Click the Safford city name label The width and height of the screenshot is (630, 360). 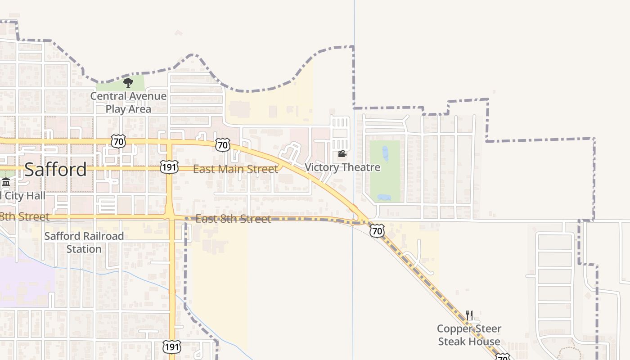coord(55,170)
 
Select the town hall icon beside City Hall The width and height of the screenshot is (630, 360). coord(6,182)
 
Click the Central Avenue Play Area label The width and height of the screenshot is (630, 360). coord(128,103)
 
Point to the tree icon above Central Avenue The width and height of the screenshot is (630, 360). coord(128,82)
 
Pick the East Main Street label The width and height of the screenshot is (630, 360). coord(235,169)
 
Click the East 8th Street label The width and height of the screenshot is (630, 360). coord(234,219)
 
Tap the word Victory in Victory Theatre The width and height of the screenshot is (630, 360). coord(321,167)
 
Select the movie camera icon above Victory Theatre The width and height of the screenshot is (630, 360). coord(342,154)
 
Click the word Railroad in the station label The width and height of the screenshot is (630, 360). coord(102,236)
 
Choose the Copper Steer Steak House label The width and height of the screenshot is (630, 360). coord(469,335)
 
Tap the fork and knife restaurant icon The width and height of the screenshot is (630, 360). coord(469,315)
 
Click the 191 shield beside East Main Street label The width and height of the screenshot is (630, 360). coord(169,166)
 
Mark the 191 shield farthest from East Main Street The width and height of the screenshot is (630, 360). coord(172,346)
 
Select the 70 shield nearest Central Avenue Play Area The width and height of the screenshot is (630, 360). coord(118,142)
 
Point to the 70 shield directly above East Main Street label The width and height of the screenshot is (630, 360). coord(222,145)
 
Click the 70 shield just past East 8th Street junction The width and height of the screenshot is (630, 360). coord(377,231)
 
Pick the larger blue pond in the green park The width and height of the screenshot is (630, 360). coord(385,153)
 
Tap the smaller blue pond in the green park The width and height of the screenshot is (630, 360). coord(384,197)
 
